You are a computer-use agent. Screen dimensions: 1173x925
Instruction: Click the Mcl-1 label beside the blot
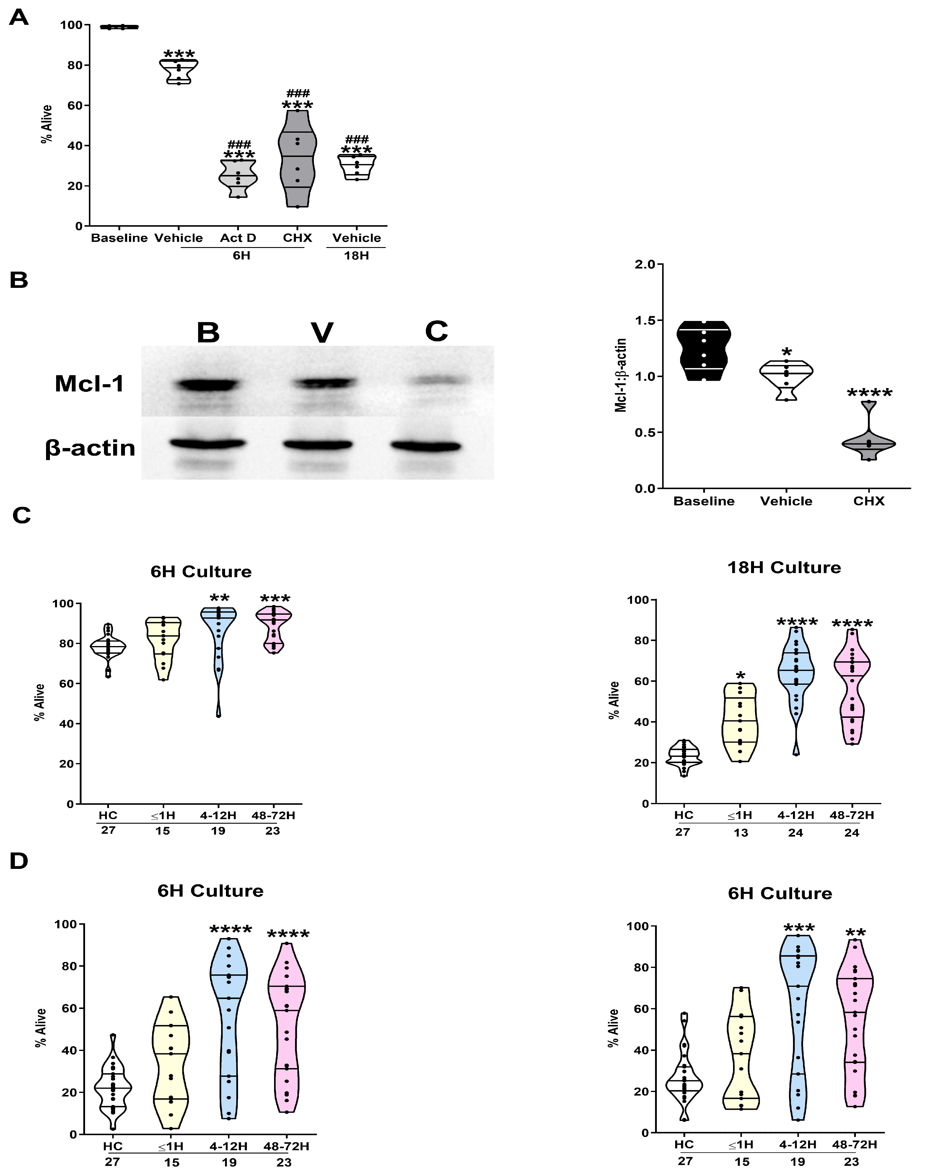tap(89, 384)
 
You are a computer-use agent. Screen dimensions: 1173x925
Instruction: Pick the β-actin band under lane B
tap(208, 444)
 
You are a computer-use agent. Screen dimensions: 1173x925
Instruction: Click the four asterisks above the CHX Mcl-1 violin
tap(869, 393)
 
